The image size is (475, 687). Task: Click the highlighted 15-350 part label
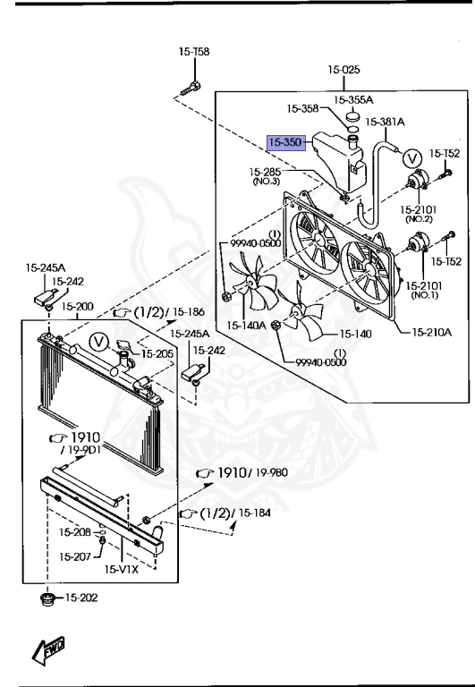[285, 142]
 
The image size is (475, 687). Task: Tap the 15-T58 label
[194, 52]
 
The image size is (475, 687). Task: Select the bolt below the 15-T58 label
[191, 88]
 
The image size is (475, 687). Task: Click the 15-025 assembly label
[344, 69]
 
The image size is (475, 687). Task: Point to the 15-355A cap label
[353, 100]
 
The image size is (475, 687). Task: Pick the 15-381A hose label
[385, 122]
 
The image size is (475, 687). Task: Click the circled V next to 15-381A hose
[411, 157]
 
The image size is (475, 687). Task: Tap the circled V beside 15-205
[99, 342]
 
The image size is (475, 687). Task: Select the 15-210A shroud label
[431, 332]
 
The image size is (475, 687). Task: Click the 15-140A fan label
[246, 325]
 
